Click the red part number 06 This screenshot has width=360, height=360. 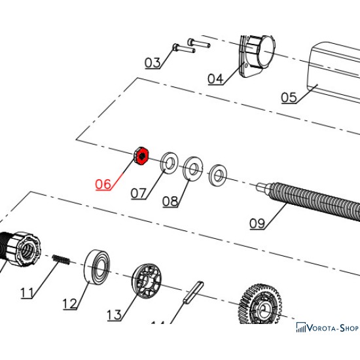pyautogui.click(x=103, y=184)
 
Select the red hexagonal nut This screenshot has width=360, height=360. pyautogui.click(x=141, y=155)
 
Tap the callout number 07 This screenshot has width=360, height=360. pyautogui.click(x=139, y=193)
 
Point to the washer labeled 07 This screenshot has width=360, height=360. pyautogui.click(x=170, y=163)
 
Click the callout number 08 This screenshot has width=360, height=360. pyautogui.click(x=170, y=202)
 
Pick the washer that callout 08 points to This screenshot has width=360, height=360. pyautogui.click(x=193, y=169)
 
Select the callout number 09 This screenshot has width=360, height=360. pyautogui.click(x=257, y=223)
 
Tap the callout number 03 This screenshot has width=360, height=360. pyautogui.click(x=153, y=63)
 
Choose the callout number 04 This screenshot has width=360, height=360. pyautogui.click(x=215, y=79)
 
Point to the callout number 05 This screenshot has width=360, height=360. pyautogui.click(x=289, y=98)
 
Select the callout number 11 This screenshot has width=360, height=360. pyautogui.click(x=27, y=293)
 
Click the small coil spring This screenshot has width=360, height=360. pyautogui.click(x=61, y=260)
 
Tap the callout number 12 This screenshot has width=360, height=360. pyautogui.click(x=70, y=304)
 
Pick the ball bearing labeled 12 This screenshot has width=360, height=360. pyautogui.click(x=98, y=267)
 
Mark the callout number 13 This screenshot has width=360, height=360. pyautogui.click(x=115, y=315)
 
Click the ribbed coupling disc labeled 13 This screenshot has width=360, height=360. pyautogui.click(x=147, y=281)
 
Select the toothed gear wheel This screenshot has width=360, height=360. pyautogui.click(x=261, y=304)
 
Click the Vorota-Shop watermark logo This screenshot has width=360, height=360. pyautogui.click(x=327, y=328)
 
